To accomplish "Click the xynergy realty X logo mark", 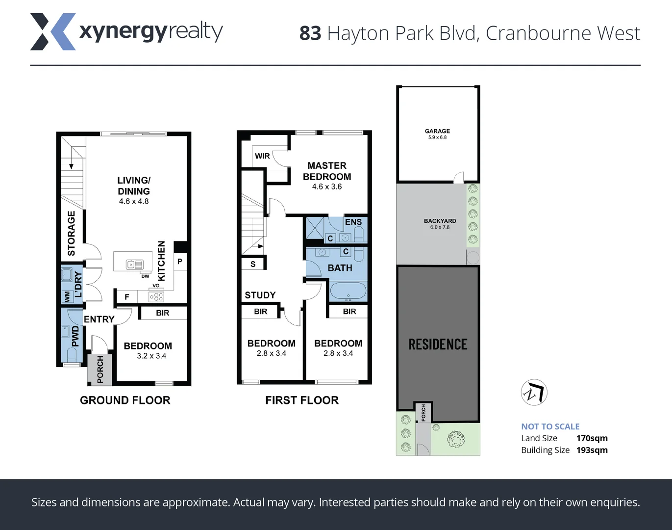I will [x=53, y=32].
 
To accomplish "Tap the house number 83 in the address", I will [x=310, y=34].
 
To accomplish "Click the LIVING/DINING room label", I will [x=134, y=186].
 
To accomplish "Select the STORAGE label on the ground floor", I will [x=72, y=233].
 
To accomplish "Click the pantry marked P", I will [x=180, y=262].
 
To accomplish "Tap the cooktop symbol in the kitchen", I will [x=156, y=296].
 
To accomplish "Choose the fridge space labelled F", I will [x=127, y=297].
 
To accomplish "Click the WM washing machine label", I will [x=67, y=296].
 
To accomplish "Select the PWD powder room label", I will [x=75, y=336].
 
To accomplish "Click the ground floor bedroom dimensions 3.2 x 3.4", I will [x=151, y=356].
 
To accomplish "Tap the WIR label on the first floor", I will [x=262, y=156].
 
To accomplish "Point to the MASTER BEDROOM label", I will [x=327, y=171].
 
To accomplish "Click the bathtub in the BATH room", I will [x=348, y=291].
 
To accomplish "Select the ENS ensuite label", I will [x=353, y=222].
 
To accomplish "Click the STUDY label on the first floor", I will [x=260, y=295].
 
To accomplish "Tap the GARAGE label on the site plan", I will [x=437, y=131].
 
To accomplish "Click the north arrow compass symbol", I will [x=534, y=392].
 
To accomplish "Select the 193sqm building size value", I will [x=592, y=450].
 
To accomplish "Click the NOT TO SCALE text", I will [x=550, y=426].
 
